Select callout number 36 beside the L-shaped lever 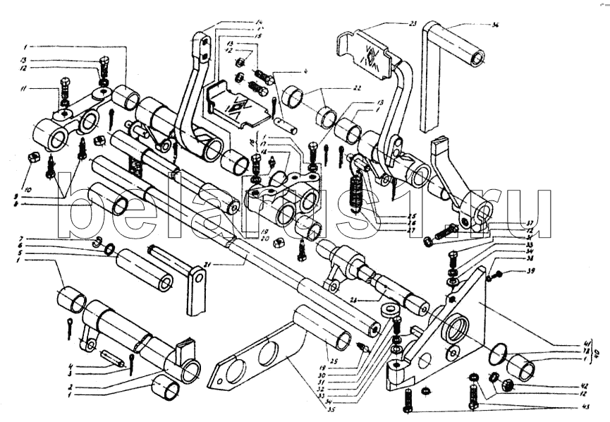click(495, 26)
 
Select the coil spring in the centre click(358, 191)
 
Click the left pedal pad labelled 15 click(236, 106)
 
